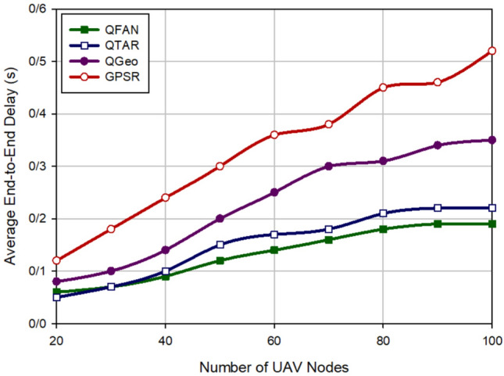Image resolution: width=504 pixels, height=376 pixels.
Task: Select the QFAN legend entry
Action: tap(109, 30)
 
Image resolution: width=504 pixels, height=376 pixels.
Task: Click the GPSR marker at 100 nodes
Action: tap(492, 51)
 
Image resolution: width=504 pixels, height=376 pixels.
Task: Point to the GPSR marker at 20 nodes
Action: tap(56, 260)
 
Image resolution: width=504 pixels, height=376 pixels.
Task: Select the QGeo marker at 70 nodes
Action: tap(329, 166)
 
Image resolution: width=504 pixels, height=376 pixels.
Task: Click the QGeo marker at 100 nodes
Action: tap(492, 140)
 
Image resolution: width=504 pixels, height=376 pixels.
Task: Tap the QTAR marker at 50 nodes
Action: tap(220, 245)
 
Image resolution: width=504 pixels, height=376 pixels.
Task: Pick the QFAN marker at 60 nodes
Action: tap(274, 250)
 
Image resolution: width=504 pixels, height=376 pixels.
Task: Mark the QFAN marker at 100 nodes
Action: tap(492, 224)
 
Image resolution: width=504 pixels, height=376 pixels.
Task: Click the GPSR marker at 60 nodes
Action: tap(274, 134)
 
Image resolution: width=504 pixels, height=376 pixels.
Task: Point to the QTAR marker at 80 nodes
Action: tap(383, 213)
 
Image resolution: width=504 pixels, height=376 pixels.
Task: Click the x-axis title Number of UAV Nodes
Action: tap(274, 365)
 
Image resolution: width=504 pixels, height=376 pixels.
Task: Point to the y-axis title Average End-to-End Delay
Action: tap(10, 166)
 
